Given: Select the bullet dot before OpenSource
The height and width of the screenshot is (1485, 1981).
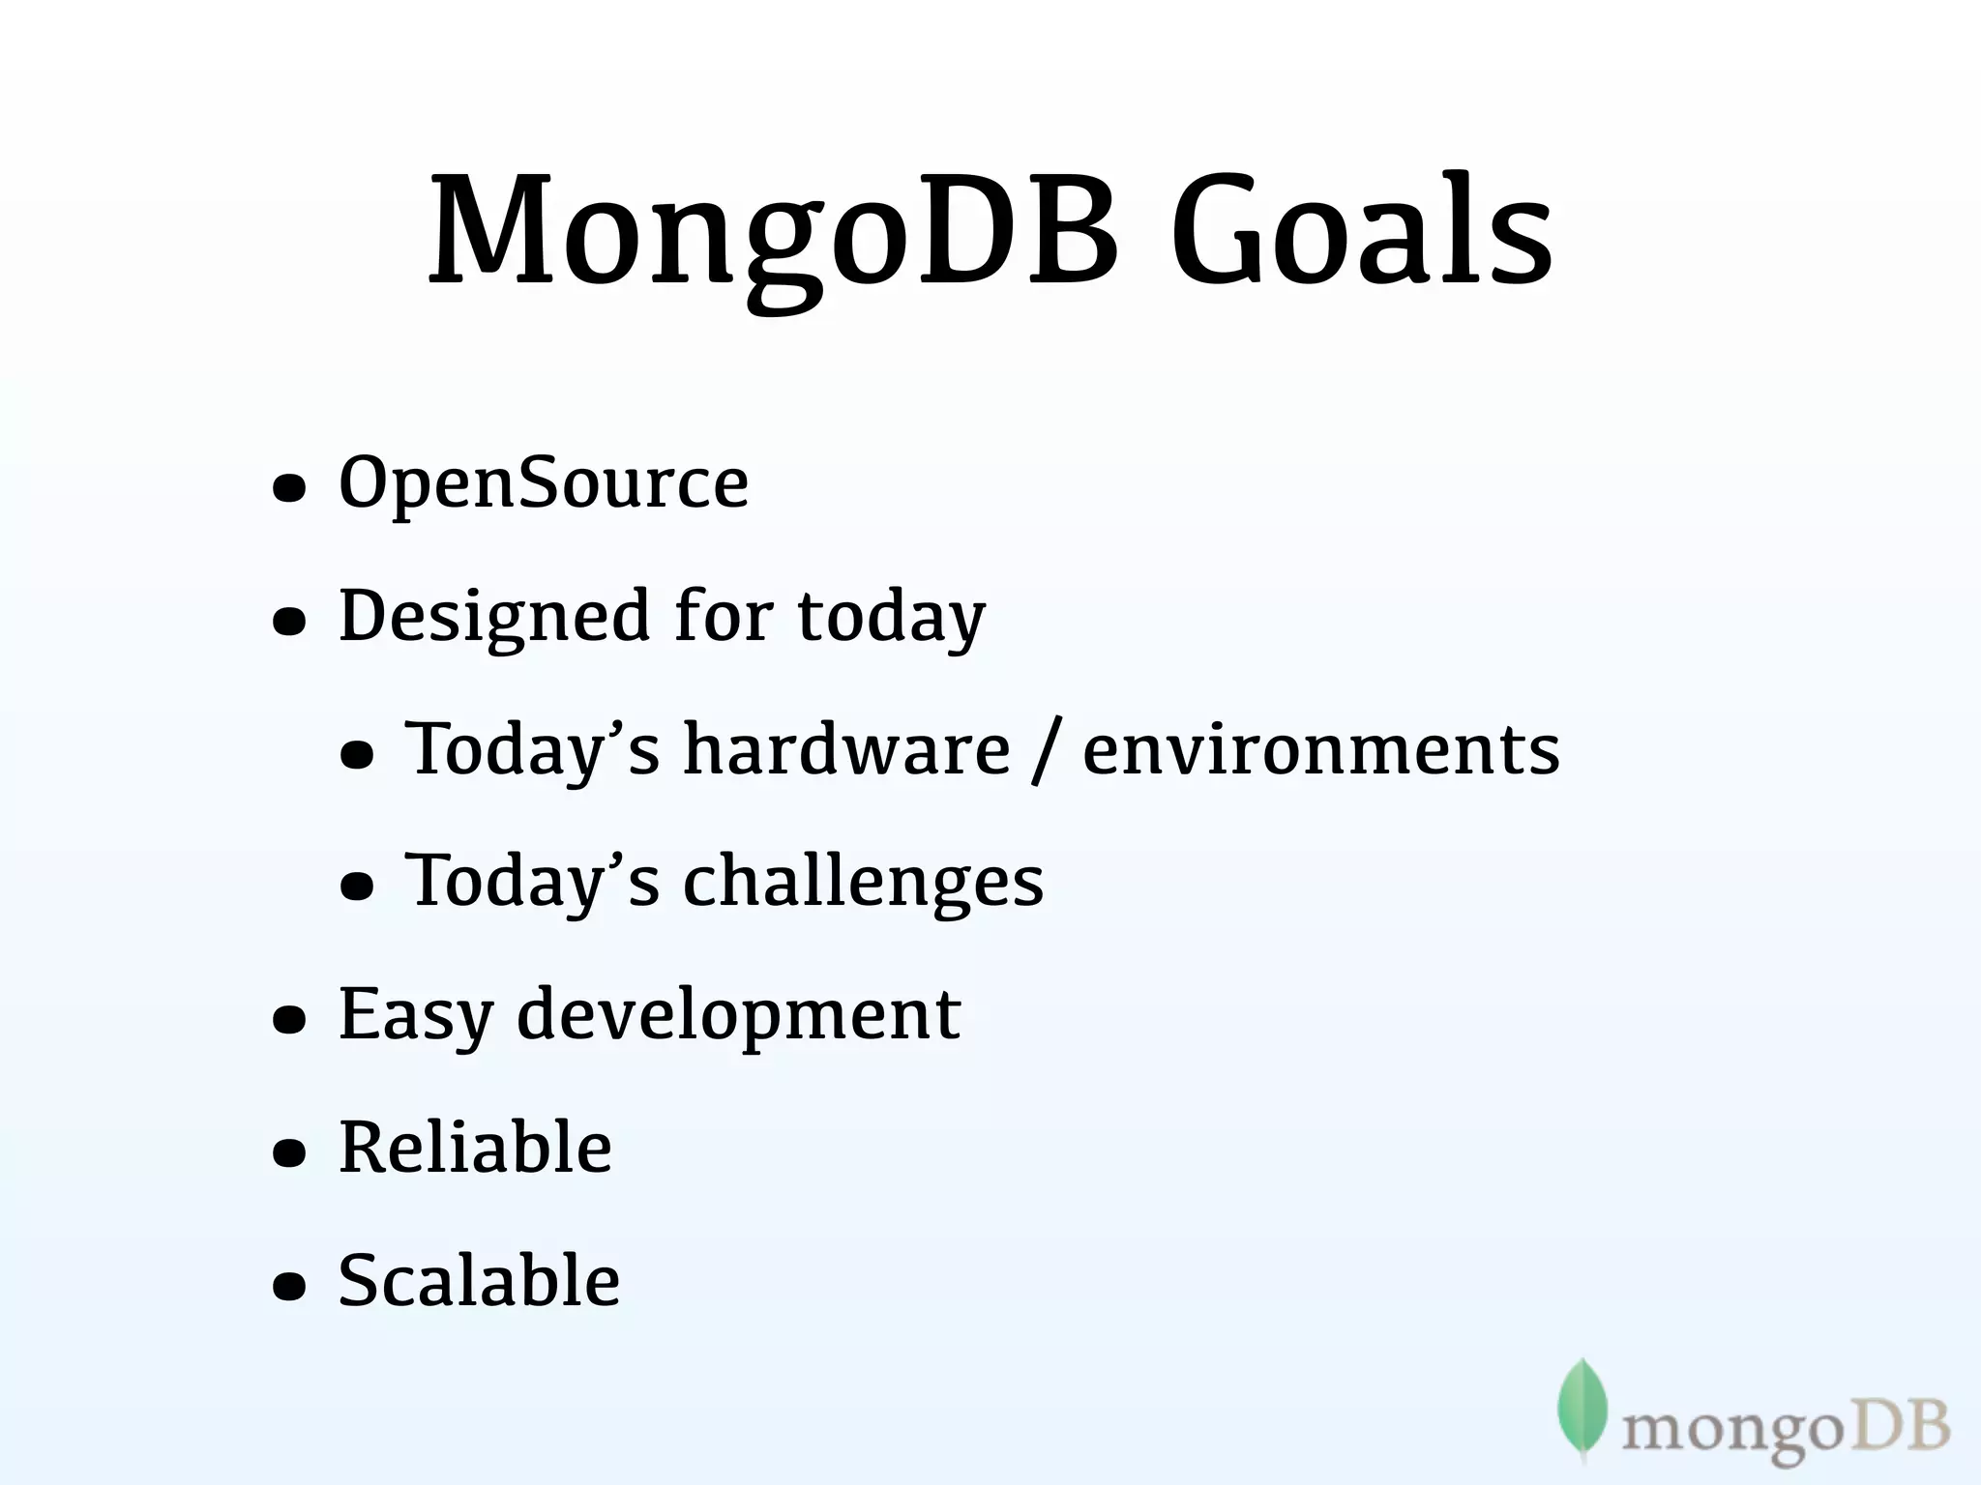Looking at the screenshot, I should click(x=289, y=488).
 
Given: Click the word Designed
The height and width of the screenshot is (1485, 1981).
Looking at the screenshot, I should click(x=494, y=617).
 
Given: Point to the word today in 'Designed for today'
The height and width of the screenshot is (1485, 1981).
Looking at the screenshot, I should click(x=891, y=617).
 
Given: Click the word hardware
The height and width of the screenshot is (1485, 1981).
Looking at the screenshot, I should click(x=846, y=749).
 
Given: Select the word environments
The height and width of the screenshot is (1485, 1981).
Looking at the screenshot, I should click(x=1320, y=749).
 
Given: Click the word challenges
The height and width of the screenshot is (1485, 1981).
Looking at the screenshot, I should click(x=863, y=882).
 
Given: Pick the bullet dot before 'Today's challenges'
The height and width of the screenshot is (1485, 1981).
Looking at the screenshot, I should click(x=357, y=887).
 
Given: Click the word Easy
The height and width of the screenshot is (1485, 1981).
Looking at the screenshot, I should click(x=416, y=1015).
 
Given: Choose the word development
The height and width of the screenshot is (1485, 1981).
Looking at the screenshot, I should click(x=739, y=1015).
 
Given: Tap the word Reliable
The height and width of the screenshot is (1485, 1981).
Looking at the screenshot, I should click(x=475, y=1148).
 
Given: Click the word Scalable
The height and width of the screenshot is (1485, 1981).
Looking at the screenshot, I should click(x=479, y=1280).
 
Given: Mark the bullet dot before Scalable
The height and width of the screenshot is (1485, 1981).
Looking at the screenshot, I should click(x=289, y=1287).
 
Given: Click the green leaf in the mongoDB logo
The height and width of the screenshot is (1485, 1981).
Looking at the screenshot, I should click(x=1582, y=1407).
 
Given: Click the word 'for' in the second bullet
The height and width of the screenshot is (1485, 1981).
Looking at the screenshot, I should click(x=724, y=617).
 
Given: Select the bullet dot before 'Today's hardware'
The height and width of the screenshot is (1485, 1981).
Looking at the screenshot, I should click(x=357, y=755).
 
